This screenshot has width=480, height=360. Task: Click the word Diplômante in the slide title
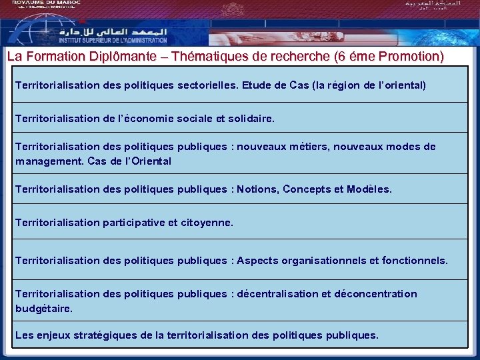click(133, 56)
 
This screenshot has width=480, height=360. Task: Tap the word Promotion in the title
click(409, 56)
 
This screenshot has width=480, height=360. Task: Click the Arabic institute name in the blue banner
click(113, 31)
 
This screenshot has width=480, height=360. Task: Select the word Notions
click(257, 189)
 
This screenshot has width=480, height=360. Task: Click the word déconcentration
click(375, 294)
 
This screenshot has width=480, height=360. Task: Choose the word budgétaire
click(43, 308)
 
